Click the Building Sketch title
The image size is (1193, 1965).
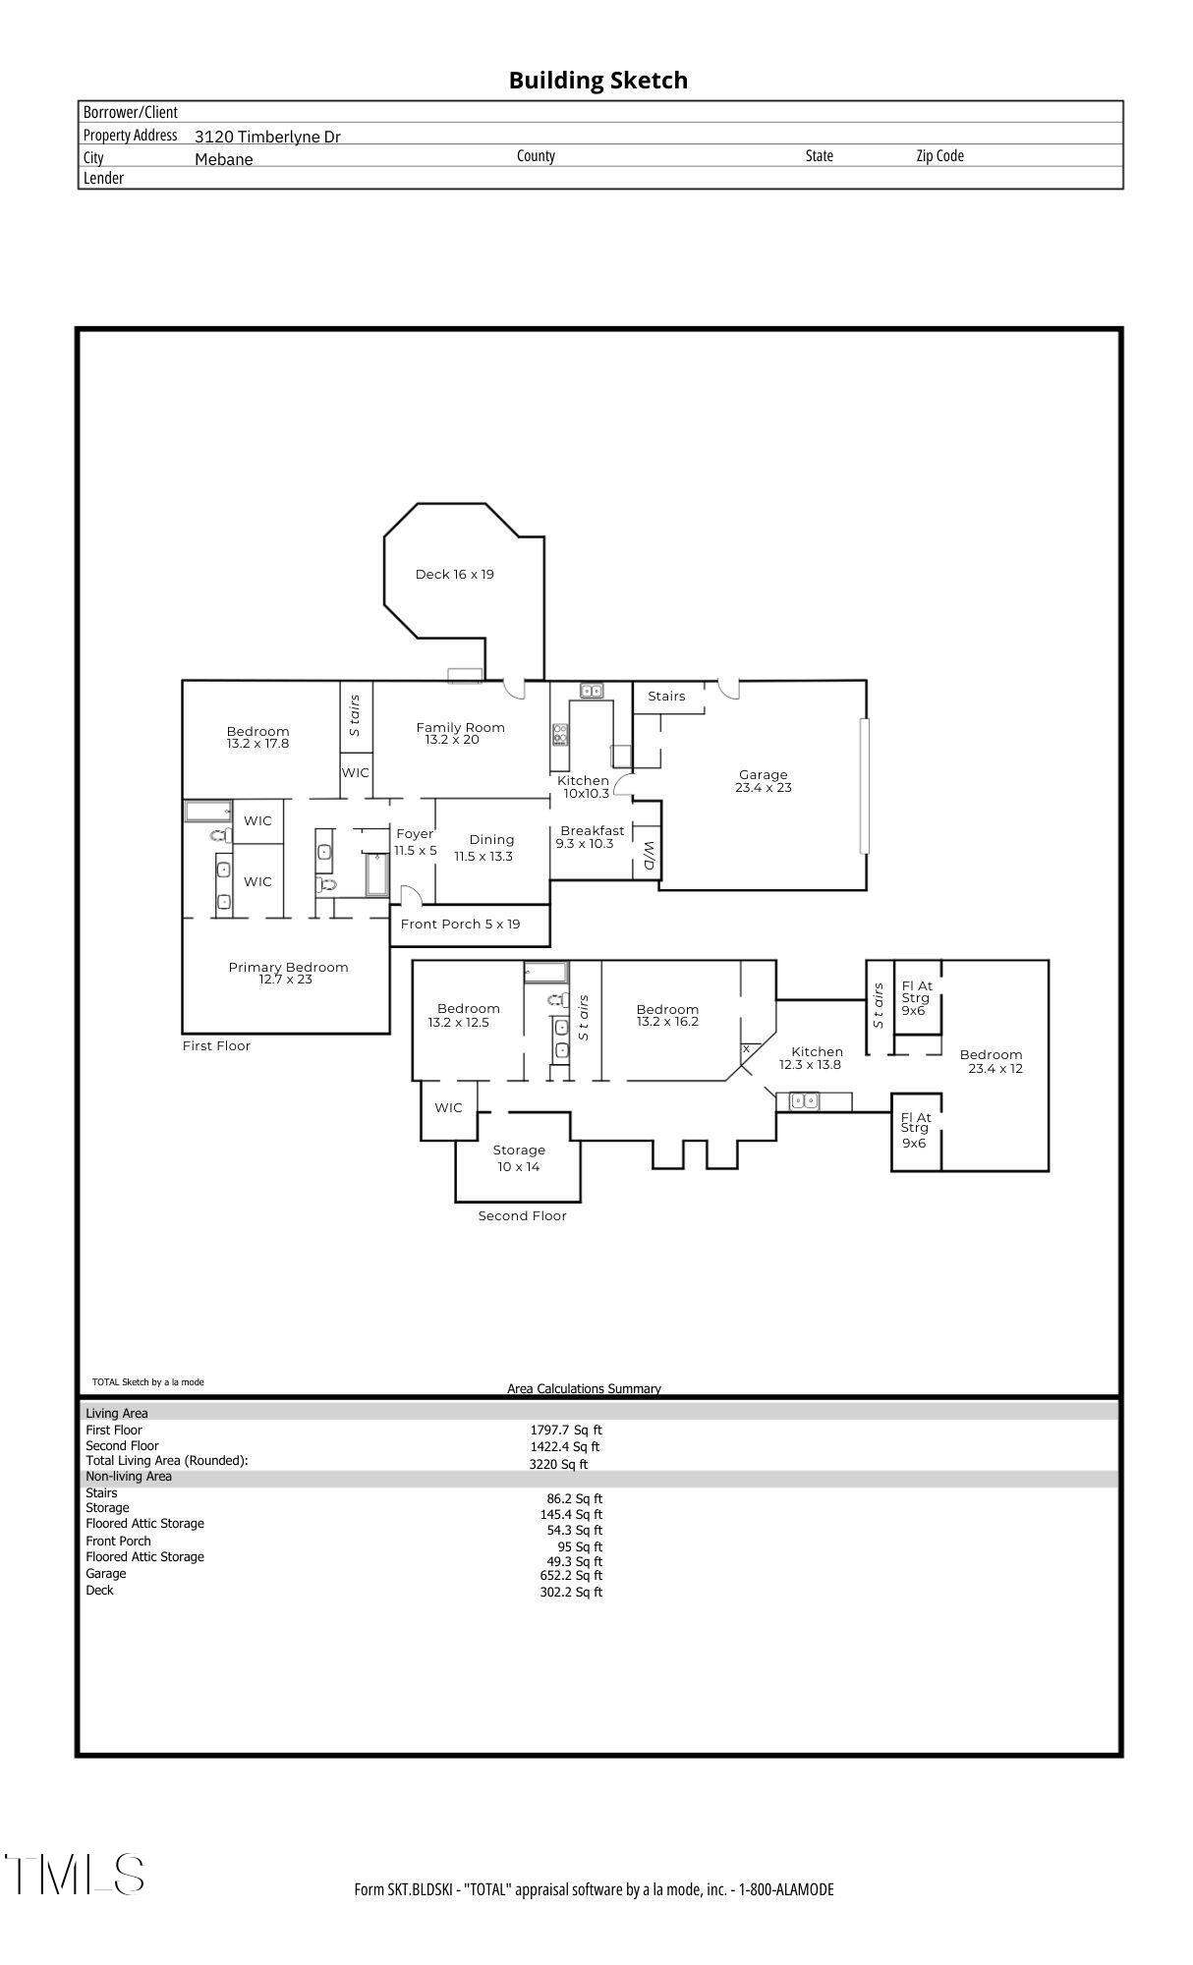(597, 81)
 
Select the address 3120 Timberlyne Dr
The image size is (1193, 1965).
(267, 137)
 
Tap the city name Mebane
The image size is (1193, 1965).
(223, 159)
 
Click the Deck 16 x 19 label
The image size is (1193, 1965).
(454, 574)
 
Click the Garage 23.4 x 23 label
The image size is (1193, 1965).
(764, 781)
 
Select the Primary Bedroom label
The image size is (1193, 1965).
(288, 973)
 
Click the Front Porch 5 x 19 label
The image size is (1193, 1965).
(460, 924)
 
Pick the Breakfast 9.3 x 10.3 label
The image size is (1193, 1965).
(592, 837)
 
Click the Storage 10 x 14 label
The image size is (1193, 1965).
(519, 1157)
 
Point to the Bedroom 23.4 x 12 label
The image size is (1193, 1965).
(993, 1061)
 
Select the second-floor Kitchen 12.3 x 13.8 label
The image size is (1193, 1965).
(816, 1057)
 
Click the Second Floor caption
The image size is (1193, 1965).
(522, 1215)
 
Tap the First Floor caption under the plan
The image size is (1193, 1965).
(216, 1045)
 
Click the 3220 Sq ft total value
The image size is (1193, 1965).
(558, 1464)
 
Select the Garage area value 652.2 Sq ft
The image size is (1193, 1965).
(570, 1575)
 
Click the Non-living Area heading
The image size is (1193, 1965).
(129, 1476)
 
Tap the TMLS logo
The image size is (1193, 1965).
(75, 1875)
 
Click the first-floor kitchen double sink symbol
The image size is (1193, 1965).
(592, 691)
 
